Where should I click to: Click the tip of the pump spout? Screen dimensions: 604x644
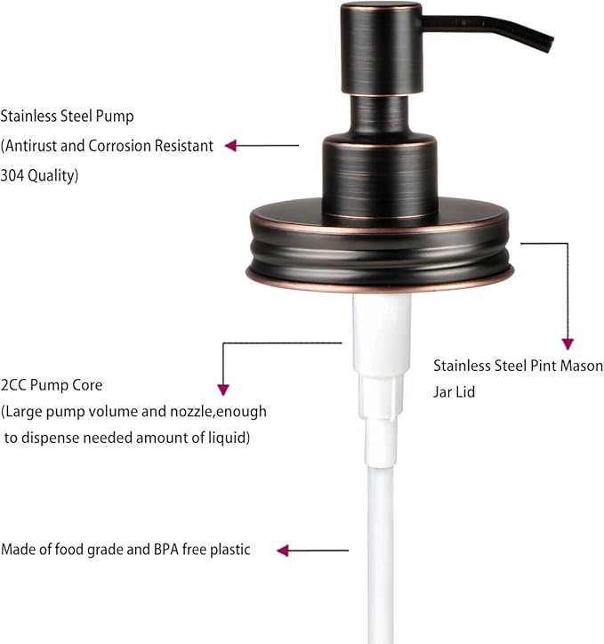(550, 45)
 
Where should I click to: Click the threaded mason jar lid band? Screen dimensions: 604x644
(380, 251)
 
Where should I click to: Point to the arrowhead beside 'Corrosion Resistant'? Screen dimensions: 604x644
(230, 145)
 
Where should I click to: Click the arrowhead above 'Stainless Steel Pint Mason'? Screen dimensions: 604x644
(568, 344)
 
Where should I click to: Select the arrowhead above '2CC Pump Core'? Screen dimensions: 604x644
(223, 390)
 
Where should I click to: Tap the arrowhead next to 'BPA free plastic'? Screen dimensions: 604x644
(283, 551)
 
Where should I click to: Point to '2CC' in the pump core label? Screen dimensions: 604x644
(13, 385)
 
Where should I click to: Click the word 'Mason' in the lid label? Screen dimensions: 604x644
(582, 366)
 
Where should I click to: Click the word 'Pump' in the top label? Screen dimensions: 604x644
(115, 117)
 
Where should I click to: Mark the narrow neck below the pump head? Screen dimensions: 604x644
(379, 114)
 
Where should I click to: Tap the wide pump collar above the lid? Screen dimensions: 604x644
(380, 177)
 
